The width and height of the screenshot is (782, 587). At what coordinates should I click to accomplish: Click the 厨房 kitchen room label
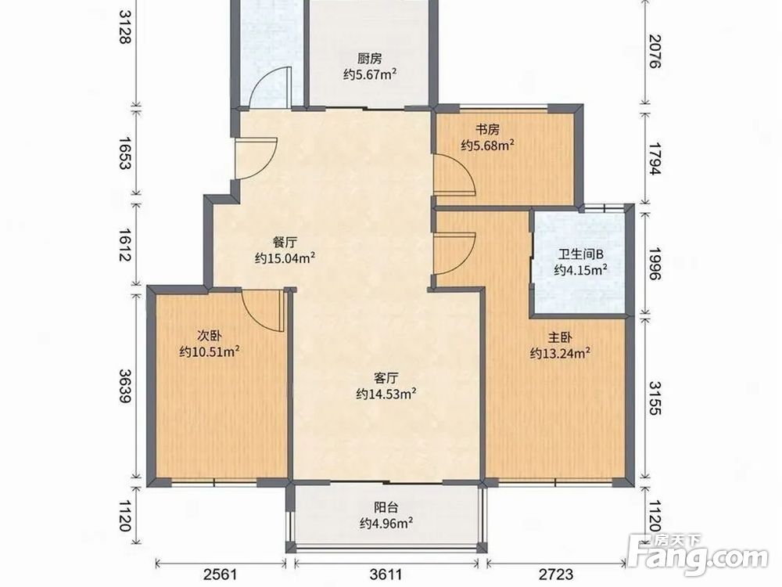pos(370,59)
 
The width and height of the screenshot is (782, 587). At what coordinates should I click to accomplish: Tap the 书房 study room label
pos(487,130)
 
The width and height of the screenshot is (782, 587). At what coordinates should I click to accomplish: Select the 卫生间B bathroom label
pos(580,254)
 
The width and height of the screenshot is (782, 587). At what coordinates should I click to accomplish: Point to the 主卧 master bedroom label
pos(560,337)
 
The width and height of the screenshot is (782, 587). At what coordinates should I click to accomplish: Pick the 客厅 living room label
pos(386,377)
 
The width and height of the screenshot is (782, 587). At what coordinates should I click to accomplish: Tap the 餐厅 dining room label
pos(285,242)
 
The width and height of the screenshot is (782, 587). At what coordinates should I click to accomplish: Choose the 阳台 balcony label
pos(386,508)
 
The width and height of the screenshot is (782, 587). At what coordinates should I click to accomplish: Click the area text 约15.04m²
pos(285,258)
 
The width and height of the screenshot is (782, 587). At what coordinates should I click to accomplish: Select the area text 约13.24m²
pos(561,353)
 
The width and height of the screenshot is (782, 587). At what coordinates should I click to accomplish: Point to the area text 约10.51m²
pos(210,351)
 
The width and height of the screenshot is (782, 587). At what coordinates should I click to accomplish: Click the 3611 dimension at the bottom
pos(386,574)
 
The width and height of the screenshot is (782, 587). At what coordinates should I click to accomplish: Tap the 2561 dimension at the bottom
pos(220,574)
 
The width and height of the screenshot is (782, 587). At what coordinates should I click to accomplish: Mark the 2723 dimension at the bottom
pos(556,574)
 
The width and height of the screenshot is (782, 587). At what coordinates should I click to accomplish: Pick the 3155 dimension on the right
pos(655,398)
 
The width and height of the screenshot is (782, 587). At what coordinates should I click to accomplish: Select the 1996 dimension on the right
pos(655,264)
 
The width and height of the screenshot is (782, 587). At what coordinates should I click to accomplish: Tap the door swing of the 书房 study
pos(454,175)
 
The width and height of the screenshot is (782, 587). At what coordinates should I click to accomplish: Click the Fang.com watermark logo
pos(698,555)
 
